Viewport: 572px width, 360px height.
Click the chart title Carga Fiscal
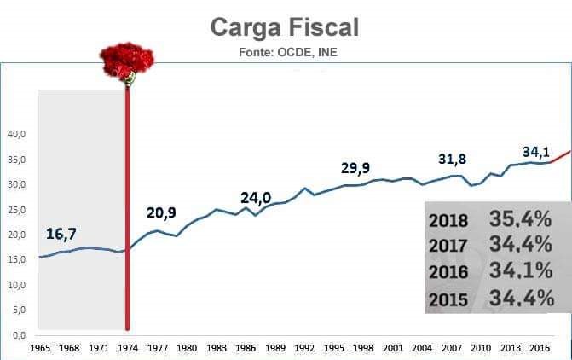click(285, 27)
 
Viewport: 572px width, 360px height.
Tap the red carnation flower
click(127, 61)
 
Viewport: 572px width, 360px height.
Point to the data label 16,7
click(61, 234)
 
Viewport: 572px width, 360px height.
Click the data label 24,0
click(255, 197)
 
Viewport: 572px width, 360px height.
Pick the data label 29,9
click(356, 168)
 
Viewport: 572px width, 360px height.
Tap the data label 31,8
click(454, 159)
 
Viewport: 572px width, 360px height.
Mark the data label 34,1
click(535, 152)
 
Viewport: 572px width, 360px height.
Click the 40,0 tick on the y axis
click(17, 135)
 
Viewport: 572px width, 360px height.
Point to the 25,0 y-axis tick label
click(17, 210)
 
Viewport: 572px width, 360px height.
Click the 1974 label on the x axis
click(129, 348)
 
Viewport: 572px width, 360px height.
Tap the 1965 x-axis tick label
click(40, 348)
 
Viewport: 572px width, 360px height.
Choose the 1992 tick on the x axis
click(304, 348)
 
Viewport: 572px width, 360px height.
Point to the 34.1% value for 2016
click(521, 272)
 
